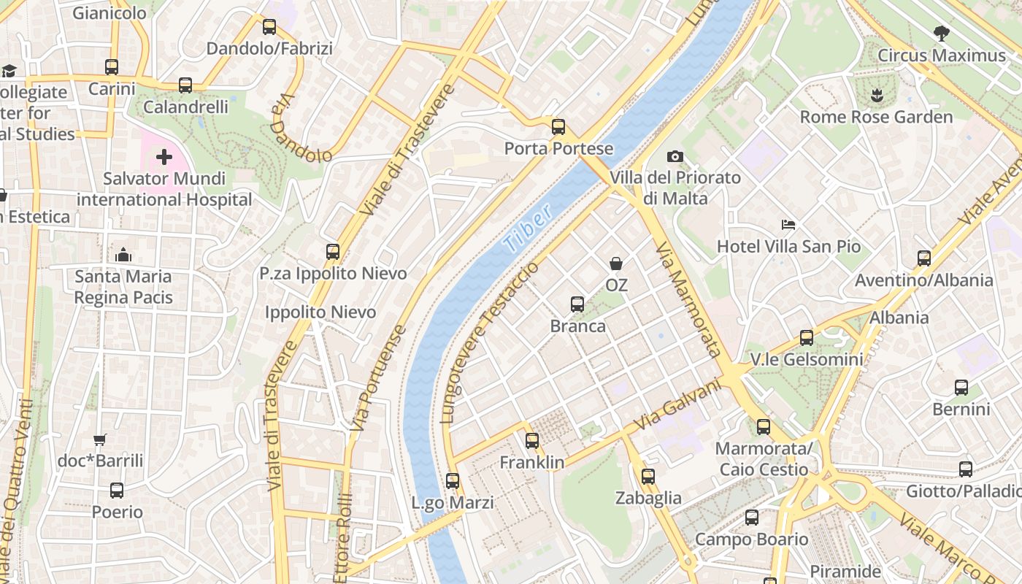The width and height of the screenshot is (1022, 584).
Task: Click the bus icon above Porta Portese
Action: tap(558, 127)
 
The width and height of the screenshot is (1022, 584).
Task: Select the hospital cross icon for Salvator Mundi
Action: tap(164, 157)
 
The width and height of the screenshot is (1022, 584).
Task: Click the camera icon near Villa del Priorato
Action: tap(675, 156)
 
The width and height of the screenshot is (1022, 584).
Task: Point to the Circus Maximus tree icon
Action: tap(942, 33)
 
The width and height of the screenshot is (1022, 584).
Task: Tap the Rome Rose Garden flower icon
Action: tap(876, 94)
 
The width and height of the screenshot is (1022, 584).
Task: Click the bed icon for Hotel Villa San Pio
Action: tap(788, 224)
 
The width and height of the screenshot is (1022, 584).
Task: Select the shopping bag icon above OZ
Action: tap(616, 263)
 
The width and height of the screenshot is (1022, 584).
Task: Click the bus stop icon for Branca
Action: tap(577, 304)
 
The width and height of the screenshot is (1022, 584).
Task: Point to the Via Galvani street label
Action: tap(677, 404)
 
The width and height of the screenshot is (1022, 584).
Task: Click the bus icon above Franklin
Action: tap(532, 441)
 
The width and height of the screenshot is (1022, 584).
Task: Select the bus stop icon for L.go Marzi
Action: tap(453, 481)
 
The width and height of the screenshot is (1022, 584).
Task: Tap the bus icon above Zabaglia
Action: tap(648, 477)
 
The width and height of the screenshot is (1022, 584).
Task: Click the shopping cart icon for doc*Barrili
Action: tap(100, 439)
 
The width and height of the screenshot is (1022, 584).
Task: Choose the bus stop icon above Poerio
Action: tap(117, 491)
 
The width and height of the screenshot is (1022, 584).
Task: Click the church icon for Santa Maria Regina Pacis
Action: tap(123, 255)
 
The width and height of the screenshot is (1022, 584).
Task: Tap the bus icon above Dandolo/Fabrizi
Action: tap(269, 27)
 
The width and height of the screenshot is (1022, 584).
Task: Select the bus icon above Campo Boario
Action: tap(752, 518)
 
